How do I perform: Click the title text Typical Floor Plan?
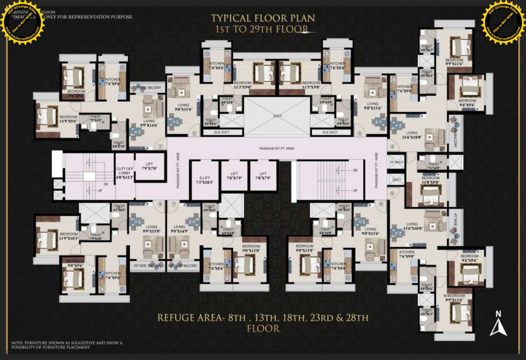[263, 18]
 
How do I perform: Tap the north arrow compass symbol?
[498, 324]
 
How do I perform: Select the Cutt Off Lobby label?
[125, 172]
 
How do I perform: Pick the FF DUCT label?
[397, 162]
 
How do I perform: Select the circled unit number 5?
[392, 192]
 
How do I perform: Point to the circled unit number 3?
[360, 133]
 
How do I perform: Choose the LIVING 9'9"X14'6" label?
[148, 123]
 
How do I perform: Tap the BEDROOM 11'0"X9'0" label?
[430, 180]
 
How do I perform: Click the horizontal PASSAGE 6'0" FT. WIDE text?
[276, 149]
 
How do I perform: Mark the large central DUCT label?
[277, 115]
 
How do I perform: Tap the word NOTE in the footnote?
[17, 343]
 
